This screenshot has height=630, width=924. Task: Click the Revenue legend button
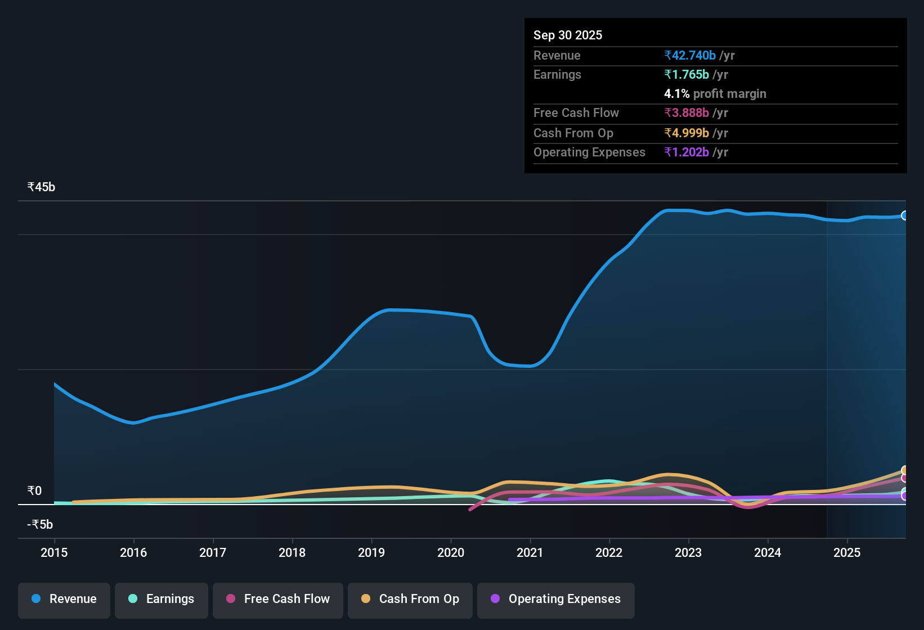click(64, 599)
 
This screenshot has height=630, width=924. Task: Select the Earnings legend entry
click(162, 599)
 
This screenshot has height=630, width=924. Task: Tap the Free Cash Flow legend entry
click(278, 599)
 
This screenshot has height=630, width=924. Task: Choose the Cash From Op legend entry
click(410, 599)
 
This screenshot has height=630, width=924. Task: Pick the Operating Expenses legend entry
click(556, 599)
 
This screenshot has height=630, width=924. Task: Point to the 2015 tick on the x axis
click(54, 552)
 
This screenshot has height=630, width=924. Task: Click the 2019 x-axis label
click(371, 552)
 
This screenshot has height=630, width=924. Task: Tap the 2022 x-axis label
click(609, 552)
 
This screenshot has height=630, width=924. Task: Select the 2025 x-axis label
click(847, 552)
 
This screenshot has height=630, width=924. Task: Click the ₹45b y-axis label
click(41, 187)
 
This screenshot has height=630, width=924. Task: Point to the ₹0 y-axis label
click(34, 491)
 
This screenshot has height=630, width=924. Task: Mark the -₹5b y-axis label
click(40, 525)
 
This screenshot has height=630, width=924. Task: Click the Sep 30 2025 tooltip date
click(567, 35)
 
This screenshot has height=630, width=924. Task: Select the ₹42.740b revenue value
click(690, 56)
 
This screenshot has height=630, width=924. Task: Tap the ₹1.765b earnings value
click(687, 75)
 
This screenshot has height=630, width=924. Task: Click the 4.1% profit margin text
click(715, 94)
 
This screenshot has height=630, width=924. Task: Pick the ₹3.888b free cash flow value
click(687, 113)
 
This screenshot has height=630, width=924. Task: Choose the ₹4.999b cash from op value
click(687, 133)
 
